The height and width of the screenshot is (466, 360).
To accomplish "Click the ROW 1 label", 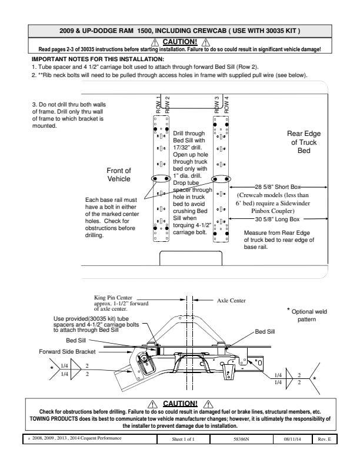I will [x=158, y=104].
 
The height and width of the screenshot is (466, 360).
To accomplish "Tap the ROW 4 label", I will [x=226, y=104].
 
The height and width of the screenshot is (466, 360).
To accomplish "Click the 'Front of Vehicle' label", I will [x=119, y=174].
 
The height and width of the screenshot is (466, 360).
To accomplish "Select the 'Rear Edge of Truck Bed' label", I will [x=304, y=142].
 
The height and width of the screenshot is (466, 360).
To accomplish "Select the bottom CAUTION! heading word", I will [x=179, y=404].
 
